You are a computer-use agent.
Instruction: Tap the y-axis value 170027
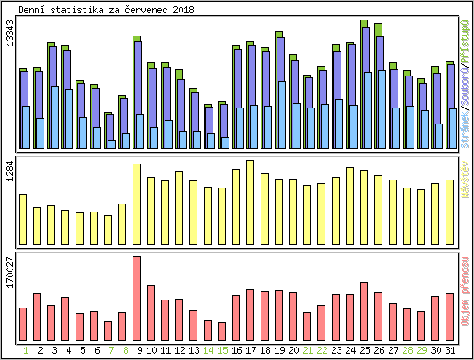pyautogui.click(x=10, y=271)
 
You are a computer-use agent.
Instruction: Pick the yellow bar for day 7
pyautogui.click(x=108, y=229)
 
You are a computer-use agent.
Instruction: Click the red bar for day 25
pyautogui.click(x=365, y=311)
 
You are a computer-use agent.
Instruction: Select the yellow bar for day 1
pyautogui.click(x=23, y=219)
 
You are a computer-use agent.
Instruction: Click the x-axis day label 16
pyautogui.click(x=237, y=350)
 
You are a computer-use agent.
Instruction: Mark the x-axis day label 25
pyautogui.click(x=365, y=350)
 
